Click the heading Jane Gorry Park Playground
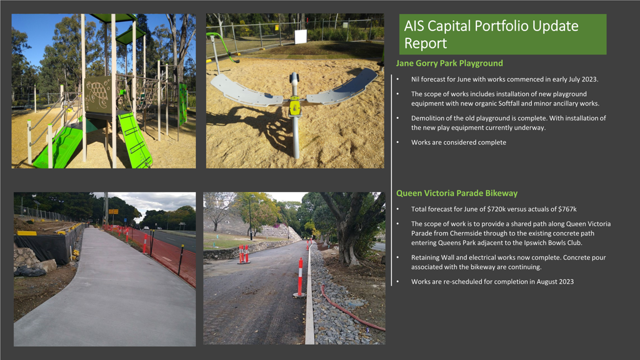(449, 63)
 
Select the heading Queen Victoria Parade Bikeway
(457, 193)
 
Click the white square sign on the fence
(301, 37)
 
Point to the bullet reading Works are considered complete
(458, 142)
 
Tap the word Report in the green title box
(425, 43)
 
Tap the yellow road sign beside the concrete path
(113, 212)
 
